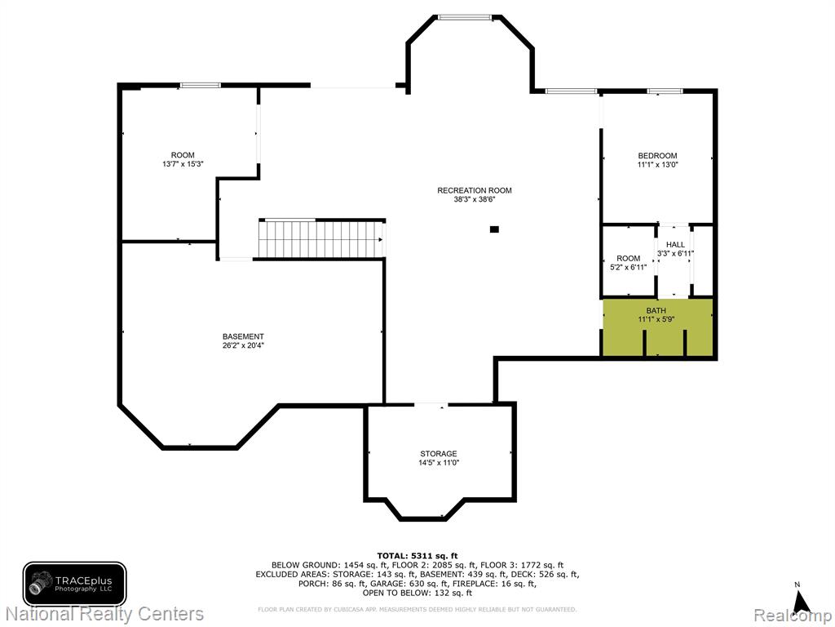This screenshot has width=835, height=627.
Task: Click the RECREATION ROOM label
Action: click(475, 190)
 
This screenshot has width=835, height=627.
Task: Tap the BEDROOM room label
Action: click(658, 156)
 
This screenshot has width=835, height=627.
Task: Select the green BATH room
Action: click(658, 327)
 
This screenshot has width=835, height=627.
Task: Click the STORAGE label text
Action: click(438, 454)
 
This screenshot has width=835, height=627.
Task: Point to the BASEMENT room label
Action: click(243, 336)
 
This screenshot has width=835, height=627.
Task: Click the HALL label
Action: click(675, 245)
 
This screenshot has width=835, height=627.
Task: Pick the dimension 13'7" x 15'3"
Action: click(183, 164)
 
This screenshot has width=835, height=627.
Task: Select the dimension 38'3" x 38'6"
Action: click(475, 199)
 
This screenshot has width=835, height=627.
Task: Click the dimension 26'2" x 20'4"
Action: click(243, 345)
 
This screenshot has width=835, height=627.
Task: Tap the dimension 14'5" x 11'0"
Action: click(438, 463)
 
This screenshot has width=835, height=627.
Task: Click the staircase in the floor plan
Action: click(322, 238)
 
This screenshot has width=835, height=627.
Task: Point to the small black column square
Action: click(494, 229)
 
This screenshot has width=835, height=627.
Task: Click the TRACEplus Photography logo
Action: click(74, 584)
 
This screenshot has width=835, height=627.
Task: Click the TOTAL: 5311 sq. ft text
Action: click(417, 556)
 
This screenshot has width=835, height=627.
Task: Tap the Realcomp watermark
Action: click(793, 616)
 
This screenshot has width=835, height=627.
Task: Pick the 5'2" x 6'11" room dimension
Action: click(629, 267)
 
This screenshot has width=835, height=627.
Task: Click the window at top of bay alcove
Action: click(464, 18)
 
